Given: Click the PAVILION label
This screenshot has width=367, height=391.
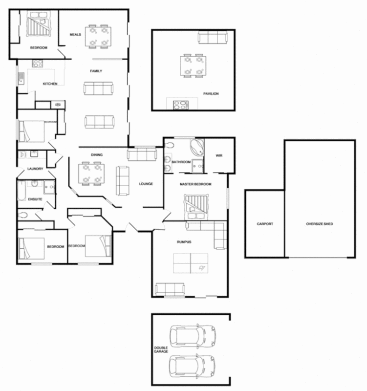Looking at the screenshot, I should click(x=211, y=93).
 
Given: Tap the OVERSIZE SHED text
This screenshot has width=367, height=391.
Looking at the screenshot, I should click(x=320, y=224).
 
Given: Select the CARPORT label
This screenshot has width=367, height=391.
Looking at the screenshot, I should click(x=264, y=224).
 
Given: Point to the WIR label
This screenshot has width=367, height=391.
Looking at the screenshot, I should click(x=219, y=156).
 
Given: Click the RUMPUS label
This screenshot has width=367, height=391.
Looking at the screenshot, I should click(x=184, y=242).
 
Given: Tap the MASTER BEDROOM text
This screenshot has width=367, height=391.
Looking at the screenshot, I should click(x=195, y=184).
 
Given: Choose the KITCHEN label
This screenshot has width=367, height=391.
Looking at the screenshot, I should click(x=50, y=84).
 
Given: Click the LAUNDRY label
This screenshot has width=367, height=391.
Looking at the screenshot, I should click(x=36, y=169).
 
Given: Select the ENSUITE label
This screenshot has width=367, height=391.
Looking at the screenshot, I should click(x=36, y=199).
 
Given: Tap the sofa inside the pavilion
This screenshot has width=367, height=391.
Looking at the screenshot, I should click(x=212, y=38).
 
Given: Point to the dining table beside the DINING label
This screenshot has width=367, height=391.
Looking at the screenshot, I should click(x=91, y=174).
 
